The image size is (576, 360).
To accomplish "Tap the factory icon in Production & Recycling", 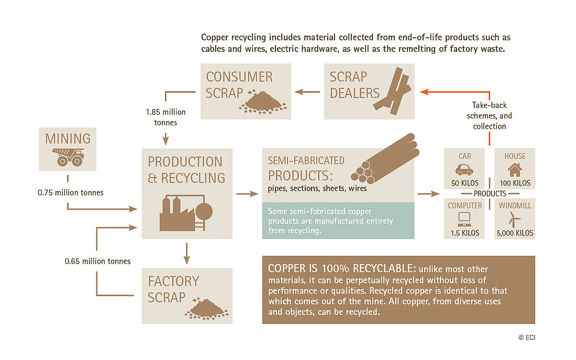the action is coord(186,213).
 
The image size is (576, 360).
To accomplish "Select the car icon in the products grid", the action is coord(464,170).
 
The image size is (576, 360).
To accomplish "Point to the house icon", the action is coord(515,170).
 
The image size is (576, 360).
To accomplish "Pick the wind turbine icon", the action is coord(514,219).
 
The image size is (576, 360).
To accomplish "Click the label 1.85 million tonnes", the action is coord(165,117).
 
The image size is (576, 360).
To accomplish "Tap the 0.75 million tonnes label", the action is coord(71,193).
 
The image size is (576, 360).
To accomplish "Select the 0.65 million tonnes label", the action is coord(98,261).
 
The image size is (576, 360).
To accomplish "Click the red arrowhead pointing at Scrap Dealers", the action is coord(424,92).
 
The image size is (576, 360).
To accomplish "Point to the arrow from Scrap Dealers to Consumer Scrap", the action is coord(307,92).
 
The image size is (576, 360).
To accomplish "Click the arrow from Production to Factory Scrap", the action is coord(186,254).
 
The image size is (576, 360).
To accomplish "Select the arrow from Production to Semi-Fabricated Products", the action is coord(247,193).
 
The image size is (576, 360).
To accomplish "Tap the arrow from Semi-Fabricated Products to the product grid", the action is coord(429,193).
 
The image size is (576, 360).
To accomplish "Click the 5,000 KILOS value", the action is coord(515,233).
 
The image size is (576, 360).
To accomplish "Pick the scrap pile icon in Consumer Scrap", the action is coord(263,102).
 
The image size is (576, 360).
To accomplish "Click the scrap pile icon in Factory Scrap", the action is coord(207,309).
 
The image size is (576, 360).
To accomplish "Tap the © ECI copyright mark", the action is coord(527,337).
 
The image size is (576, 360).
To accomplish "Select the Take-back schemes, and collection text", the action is coord(489,115).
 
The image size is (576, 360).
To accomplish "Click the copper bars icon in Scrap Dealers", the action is coord(392,91).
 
